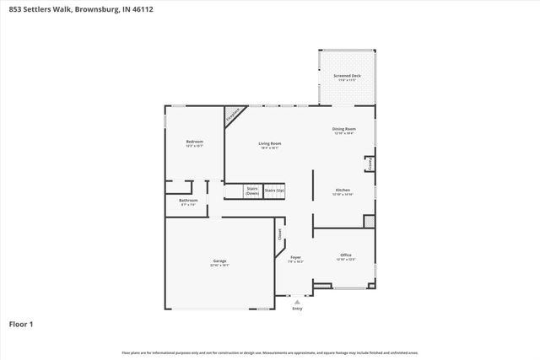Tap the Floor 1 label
tap(21, 323)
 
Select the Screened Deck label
tap(346, 76)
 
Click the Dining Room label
tap(343, 129)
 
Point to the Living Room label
tap(269, 143)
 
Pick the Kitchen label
tap(343, 190)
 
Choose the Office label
tap(345, 255)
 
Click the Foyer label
tap(295, 257)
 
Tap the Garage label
tap(219, 261)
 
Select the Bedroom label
tap(195, 141)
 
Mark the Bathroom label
tap(188, 200)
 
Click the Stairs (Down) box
tap(251, 191)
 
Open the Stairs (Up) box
tap(274, 191)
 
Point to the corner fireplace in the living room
tap(233, 115)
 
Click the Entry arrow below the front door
tap(297, 302)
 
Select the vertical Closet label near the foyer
tap(280, 235)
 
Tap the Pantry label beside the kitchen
tap(368, 164)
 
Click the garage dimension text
tap(219, 266)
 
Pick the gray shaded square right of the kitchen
tap(368, 221)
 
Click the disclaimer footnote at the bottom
tap(269, 352)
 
